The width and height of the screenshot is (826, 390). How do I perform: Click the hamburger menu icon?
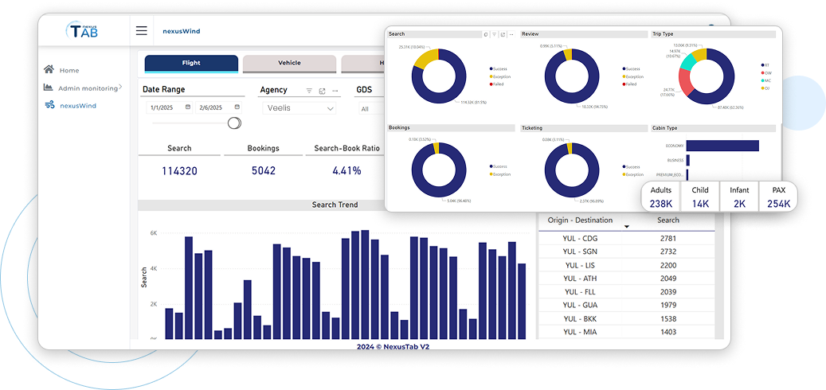pyautogui.click(x=141, y=31)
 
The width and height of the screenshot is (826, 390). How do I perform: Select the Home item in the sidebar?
pyautogui.click(x=69, y=70)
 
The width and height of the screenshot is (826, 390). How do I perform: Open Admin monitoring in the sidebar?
pyautogui.click(x=88, y=88)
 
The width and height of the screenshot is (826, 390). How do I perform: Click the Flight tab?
pyautogui.click(x=191, y=63)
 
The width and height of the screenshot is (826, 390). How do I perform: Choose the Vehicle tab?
pyautogui.click(x=289, y=63)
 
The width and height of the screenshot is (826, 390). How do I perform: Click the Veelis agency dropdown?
pyautogui.click(x=301, y=107)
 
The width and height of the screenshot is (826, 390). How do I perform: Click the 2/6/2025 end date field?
pyautogui.click(x=217, y=107)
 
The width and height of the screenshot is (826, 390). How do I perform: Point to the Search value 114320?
pyautogui.click(x=179, y=170)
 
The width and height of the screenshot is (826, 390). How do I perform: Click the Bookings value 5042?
pyautogui.click(x=263, y=170)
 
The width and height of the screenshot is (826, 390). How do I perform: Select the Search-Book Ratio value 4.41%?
pyautogui.click(x=346, y=170)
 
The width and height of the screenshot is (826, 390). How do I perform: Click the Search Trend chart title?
pyautogui.click(x=335, y=205)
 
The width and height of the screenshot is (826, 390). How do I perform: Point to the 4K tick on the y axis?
pyautogui.click(x=153, y=268)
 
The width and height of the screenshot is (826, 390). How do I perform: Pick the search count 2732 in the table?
pyautogui.click(x=667, y=252)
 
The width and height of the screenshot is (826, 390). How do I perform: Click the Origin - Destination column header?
pyautogui.click(x=580, y=220)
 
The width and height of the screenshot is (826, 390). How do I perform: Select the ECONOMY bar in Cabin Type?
pyautogui.click(x=722, y=146)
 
